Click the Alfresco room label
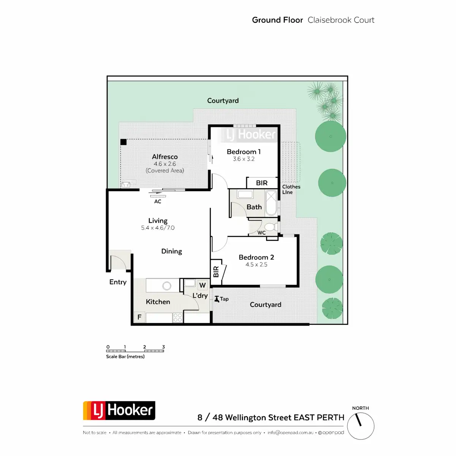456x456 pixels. pyautogui.click(x=165, y=157)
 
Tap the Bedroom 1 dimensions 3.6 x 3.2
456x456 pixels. pyautogui.click(x=244, y=159)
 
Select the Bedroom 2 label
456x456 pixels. pyautogui.click(x=256, y=257)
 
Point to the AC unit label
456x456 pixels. pyautogui.click(x=158, y=201)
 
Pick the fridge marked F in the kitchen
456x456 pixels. pyautogui.click(x=139, y=317)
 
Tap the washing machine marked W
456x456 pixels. pyautogui.click(x=202, y=285)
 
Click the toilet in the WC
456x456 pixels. pyautogui.click(x=270, y=227)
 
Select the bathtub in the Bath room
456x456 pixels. pyautogui.click(x=271, y=203)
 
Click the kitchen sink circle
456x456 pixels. pyautogui.click(x=166, y=286)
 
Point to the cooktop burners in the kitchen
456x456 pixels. pyautogui.click(x=177, y=318)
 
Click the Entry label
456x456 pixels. pyautogui.click(x=118, y=282)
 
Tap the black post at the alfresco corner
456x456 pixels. pyautogui.click(x=123, y=142)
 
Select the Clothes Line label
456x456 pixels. pyautogui.click(x=291, y=189)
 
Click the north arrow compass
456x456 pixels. pyautogui.click(x=361, y=426)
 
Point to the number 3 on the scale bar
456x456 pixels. pyautogui.click(x=163, y=347)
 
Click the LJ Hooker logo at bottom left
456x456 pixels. pyautogui.click(x=119, y=410)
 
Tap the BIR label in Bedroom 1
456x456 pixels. pyautogui.click(x=261, y=183)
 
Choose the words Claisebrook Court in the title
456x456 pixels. pyautogui.click(x=341, y=20)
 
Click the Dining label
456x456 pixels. pyautogui.click(x=171, y=251)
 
